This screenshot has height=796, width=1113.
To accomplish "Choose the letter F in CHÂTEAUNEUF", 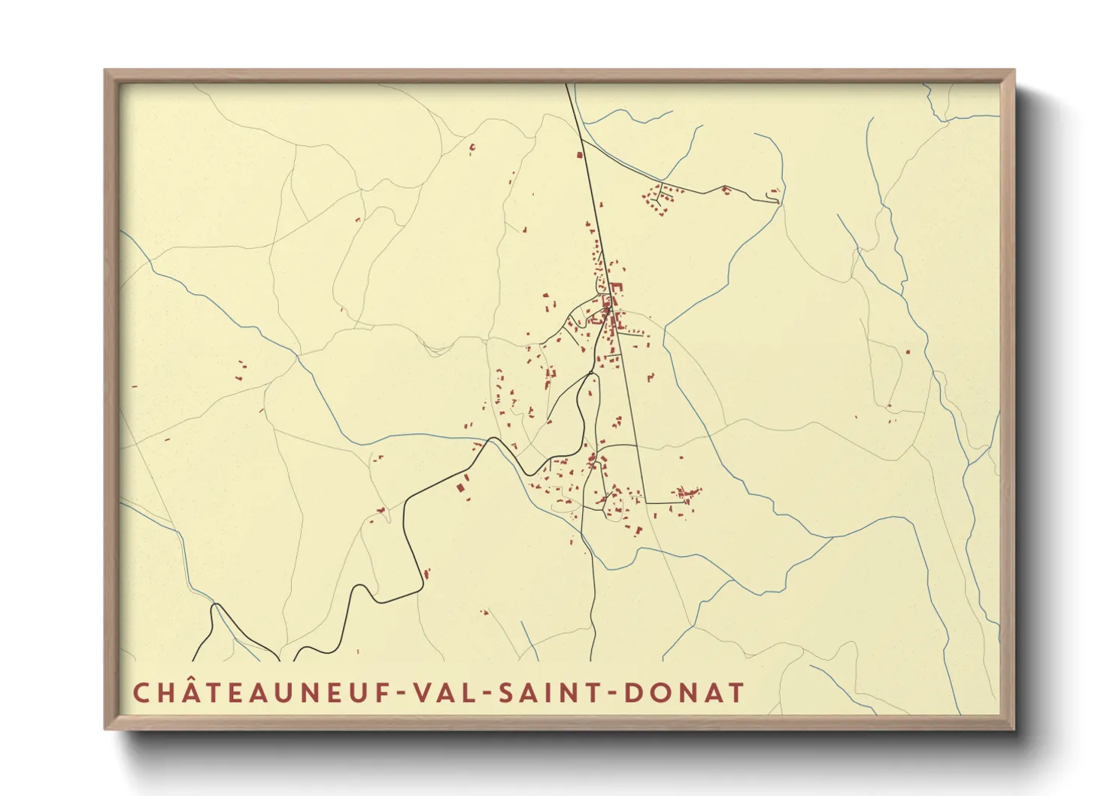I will point(383,692).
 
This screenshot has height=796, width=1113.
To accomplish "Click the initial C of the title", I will point(141,692).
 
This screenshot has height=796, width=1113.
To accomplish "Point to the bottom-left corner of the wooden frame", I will point(105,728).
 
